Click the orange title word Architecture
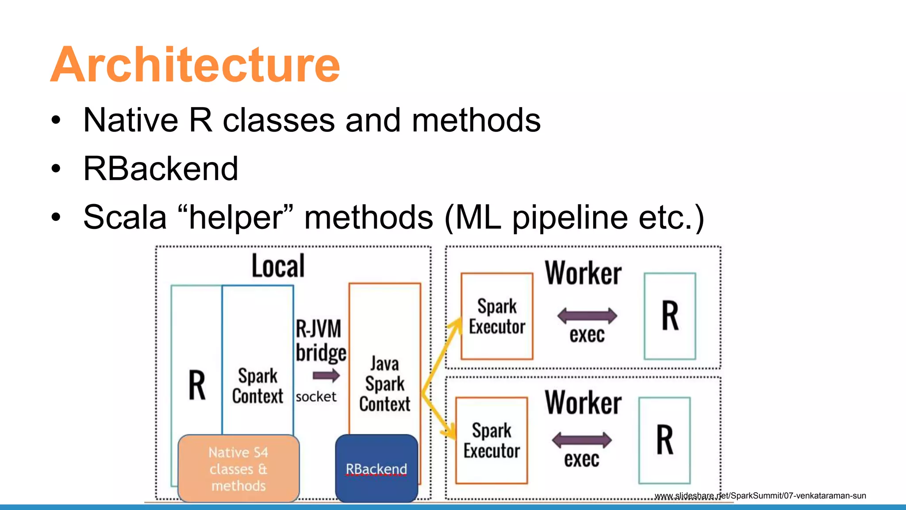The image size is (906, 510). point(195,65)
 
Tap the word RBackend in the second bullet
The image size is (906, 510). point(161,169)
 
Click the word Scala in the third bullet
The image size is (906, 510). point(125,217)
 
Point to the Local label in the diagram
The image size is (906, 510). point(278,266)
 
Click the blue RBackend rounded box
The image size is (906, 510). point(376,468)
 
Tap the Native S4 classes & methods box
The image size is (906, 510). point(238,468)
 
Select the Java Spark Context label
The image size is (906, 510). point(384,384)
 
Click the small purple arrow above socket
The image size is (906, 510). point(326,376)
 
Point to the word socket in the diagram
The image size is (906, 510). point(316,397)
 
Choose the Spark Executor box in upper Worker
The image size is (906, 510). point(497,316)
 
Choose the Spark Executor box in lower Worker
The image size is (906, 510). point(491,440)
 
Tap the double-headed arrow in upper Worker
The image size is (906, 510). point(587,316)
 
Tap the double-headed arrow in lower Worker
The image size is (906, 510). point(582,440)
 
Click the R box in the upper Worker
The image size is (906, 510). point(670,316)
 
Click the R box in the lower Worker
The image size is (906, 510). point(664,440)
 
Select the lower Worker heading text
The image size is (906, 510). point(583,402)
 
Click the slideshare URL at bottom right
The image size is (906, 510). point(760,496)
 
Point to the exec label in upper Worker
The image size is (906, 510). point(587,335)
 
